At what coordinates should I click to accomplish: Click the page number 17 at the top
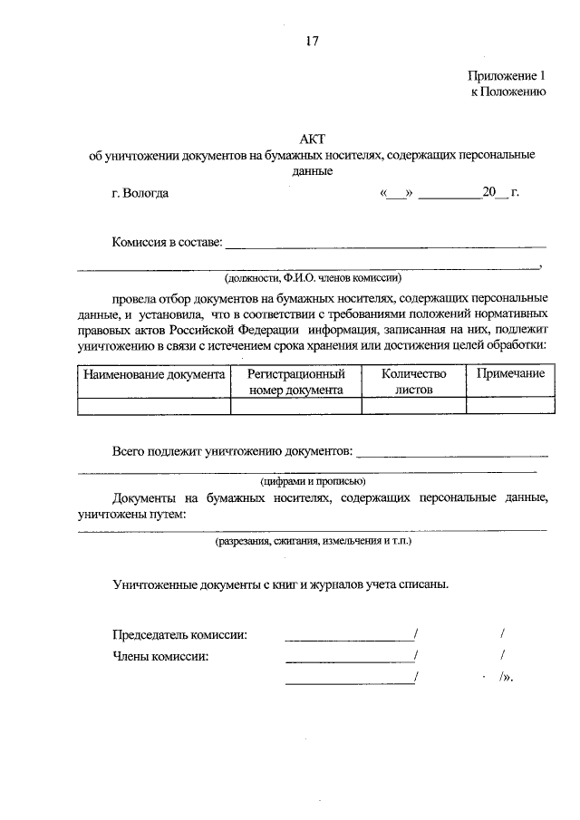coord(312,41)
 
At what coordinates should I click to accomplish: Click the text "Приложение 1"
coord(507,76)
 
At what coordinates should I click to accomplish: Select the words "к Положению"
coord(507,92)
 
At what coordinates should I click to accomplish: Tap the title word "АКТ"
coord(312,139)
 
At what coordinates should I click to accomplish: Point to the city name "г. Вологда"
coord(135,192)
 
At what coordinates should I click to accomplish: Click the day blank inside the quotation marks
coord(397,193)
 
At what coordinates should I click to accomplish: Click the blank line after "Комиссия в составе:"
coord(385,243)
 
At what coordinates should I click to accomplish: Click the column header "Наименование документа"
coord(154,373)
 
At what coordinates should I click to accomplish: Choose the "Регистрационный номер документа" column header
coord(296,381)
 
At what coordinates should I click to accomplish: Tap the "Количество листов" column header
coord(414,381)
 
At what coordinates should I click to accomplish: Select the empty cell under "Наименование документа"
coord(154,406)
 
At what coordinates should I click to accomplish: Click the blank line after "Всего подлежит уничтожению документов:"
coord(453,450)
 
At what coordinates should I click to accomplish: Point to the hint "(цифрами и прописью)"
coord(312,481)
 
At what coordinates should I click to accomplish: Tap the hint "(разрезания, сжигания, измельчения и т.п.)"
coord(313,541)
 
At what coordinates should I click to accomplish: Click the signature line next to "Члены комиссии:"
coord(349,656)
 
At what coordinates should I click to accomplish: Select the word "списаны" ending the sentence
coord(423,584)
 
